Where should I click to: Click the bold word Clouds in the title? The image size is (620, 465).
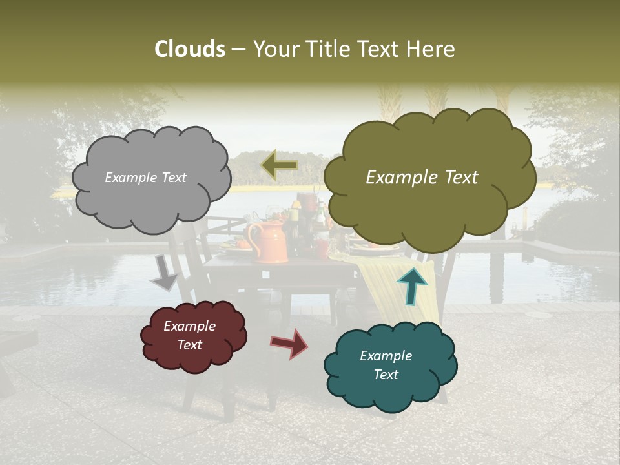click(190, 49)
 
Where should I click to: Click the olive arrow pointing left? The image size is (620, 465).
click(279, 165)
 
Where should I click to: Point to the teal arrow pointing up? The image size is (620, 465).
click(411, 286)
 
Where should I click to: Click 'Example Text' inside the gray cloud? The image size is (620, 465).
click(145, 178)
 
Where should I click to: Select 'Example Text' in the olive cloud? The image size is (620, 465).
click(422, 178)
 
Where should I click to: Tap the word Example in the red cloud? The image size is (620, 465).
click(189, 326)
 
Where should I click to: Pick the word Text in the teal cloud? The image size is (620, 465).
click(386, 375)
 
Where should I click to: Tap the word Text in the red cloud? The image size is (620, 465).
click(189, 345)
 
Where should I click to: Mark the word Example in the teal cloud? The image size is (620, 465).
click(386, 356)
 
